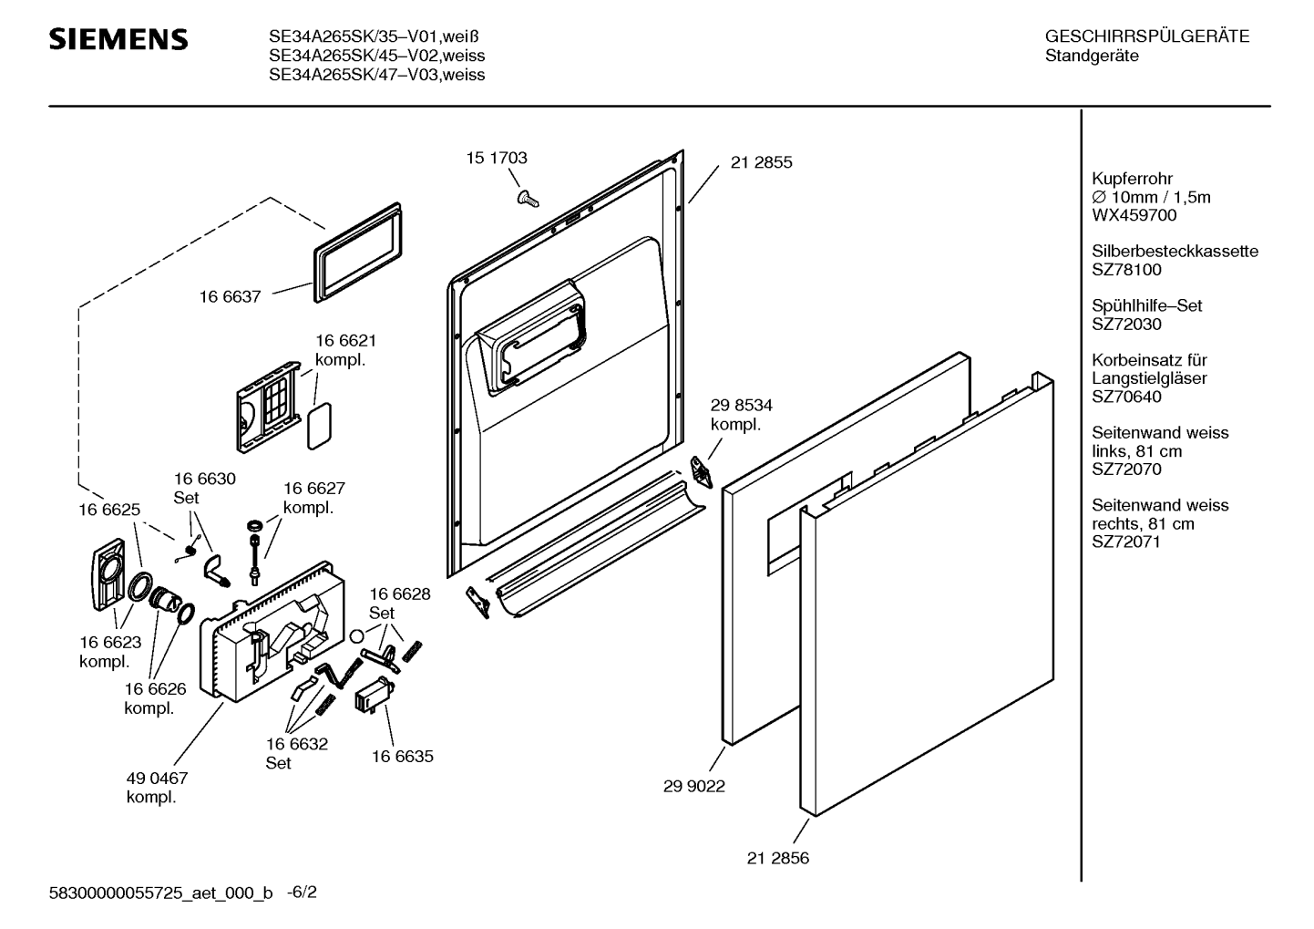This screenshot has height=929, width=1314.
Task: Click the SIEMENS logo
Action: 118,39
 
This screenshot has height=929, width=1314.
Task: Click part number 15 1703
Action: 497,158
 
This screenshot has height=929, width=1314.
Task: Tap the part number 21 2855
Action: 761,162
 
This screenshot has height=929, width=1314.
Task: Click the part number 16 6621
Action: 345,340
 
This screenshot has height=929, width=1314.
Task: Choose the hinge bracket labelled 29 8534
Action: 701,470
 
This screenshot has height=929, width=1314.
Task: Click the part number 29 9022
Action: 694,786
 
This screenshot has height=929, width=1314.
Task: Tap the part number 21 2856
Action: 777,858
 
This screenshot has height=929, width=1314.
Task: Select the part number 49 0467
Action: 157,779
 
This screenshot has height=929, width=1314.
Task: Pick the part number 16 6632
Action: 297,744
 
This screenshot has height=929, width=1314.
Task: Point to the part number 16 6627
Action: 313,489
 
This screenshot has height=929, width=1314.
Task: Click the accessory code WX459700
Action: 1134,216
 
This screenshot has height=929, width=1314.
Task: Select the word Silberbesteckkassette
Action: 1175,252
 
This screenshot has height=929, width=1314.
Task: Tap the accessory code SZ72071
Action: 1126,542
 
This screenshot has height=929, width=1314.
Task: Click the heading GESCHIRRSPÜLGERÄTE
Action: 1146,37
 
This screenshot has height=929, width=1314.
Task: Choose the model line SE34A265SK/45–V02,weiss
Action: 376,57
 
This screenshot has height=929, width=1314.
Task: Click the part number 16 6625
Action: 109,510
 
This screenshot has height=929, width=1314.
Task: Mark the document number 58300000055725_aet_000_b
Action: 160,893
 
